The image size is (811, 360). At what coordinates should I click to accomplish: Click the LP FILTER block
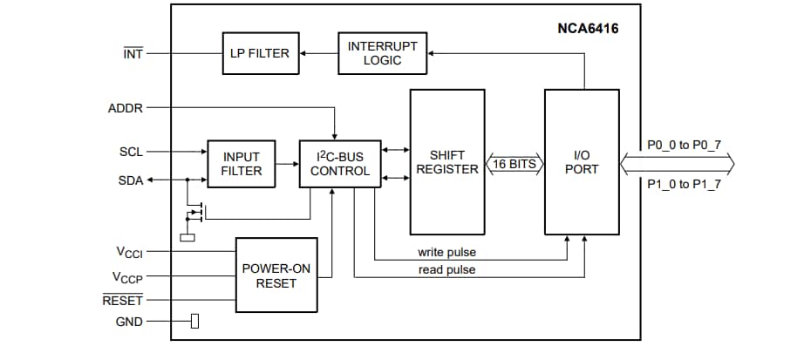coord(260,53)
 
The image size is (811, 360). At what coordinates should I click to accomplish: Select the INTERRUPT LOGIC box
coord(382,53)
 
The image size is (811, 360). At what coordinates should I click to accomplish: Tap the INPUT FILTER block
coord(241,164)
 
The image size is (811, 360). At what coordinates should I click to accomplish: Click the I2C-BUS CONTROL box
coord(339,164)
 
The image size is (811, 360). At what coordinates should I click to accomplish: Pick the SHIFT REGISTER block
coord(446,162)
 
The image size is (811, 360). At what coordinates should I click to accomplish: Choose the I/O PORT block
coord(581,162)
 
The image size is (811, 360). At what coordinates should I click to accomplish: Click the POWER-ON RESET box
coord(276,275)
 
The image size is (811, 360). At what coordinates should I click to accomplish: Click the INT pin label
coord(133,53)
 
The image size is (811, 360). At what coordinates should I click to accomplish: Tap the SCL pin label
coord(131,152)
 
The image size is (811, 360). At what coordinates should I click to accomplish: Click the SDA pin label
coord(130,180)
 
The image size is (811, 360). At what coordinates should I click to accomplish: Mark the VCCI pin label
coord(129,252)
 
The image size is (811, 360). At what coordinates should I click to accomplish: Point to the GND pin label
coord(129,322)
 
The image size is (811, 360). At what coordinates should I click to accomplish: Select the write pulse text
coord(446,253)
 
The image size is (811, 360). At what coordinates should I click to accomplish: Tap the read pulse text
coord(446,270)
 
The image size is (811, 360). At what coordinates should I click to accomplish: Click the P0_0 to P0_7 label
coord(684,145)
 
